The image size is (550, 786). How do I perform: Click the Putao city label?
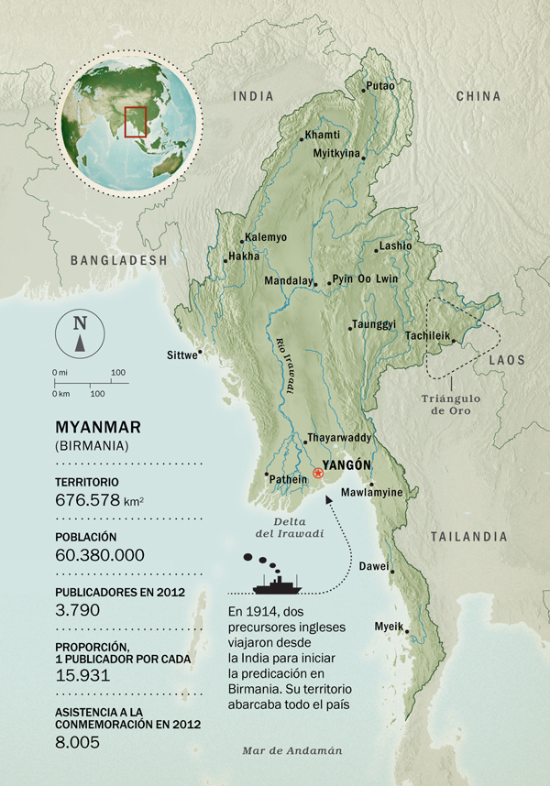pos(380,86)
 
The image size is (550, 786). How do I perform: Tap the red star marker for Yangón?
pos(318,473)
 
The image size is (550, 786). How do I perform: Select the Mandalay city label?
pos(288,281)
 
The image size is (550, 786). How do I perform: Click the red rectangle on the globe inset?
pos(136,122)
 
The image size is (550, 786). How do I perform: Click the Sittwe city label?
pos(181,355)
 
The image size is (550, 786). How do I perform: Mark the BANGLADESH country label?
pos(119,260)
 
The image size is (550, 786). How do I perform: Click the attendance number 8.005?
pos(78,744)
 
